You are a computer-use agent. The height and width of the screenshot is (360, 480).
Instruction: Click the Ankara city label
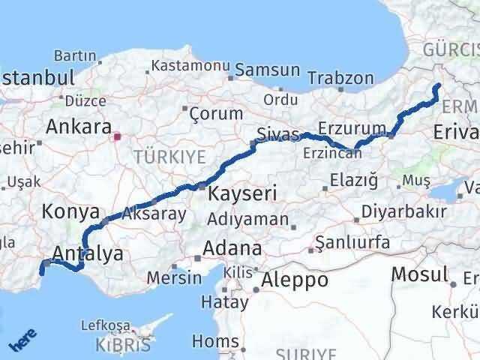79,126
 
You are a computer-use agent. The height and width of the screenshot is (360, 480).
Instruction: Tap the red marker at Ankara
116,137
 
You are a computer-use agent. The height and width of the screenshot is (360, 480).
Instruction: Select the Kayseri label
242,193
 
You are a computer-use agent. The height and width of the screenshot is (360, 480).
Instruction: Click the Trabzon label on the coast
340,78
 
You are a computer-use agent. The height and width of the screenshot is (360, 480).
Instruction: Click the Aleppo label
293,280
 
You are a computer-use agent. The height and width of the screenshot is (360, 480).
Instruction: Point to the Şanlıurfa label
352,243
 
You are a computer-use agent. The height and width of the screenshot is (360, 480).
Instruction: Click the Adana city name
235,248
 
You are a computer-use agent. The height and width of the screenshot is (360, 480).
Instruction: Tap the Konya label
71,211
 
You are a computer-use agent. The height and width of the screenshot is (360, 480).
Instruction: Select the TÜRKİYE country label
169,157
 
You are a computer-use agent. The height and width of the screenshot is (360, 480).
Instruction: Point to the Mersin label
175,277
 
